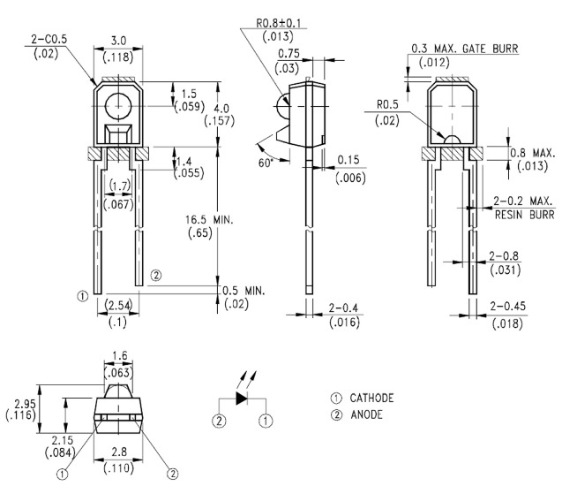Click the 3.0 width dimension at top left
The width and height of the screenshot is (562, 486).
pos(118,41)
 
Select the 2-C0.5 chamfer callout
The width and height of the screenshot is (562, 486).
pos(49,39)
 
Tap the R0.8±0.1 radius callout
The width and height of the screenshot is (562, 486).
pos(279,23)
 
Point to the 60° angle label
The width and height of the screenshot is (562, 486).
pos(266,163)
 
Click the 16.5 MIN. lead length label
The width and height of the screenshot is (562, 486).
pos(209,219)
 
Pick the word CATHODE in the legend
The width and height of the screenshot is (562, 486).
pos(371,398)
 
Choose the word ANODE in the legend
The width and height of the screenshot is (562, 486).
pos(366,414)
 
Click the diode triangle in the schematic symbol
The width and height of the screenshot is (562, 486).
pos(242,398)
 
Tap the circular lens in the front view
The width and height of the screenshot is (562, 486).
pos(118,106)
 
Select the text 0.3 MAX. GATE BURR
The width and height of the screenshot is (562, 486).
pos(464,49)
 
